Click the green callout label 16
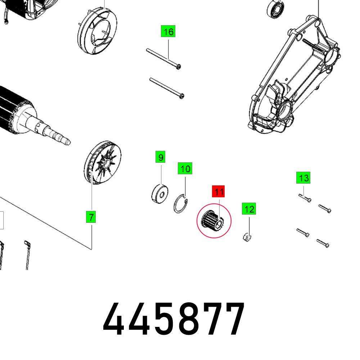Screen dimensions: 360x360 click(x=168, y=32)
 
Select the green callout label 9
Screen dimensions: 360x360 click(x=161, y=157)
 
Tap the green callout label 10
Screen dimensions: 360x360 click(x=185, y=168)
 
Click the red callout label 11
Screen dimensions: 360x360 click(x=219, y=192)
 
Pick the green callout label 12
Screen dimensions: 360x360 click(x=249, y=209)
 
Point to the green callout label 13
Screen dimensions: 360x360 click(x=304, y=178)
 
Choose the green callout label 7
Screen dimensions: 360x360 click(x=91, y=217)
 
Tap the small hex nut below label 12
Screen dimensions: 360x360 click(x=247, y=238)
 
